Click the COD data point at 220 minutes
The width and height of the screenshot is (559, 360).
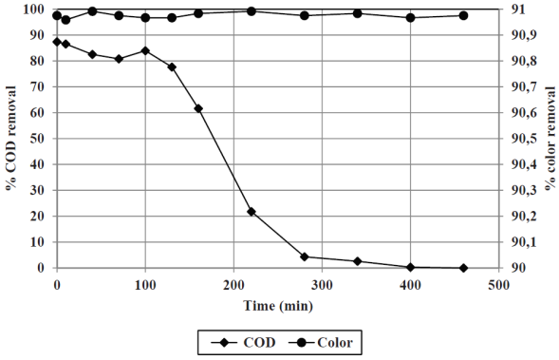coord(252,212)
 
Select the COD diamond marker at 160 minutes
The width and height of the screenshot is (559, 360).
coord(198,108)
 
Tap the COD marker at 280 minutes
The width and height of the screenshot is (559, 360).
coord(304,256)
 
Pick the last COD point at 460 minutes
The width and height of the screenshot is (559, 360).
coord(463,268)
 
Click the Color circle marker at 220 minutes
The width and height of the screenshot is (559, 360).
coord(252,11)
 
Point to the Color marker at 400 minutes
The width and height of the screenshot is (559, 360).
coord(410,18)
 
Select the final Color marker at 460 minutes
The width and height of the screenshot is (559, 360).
coord(463,15)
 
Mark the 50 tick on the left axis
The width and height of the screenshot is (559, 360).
coord(41,139)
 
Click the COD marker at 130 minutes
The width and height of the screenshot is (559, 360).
coord(172,67)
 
